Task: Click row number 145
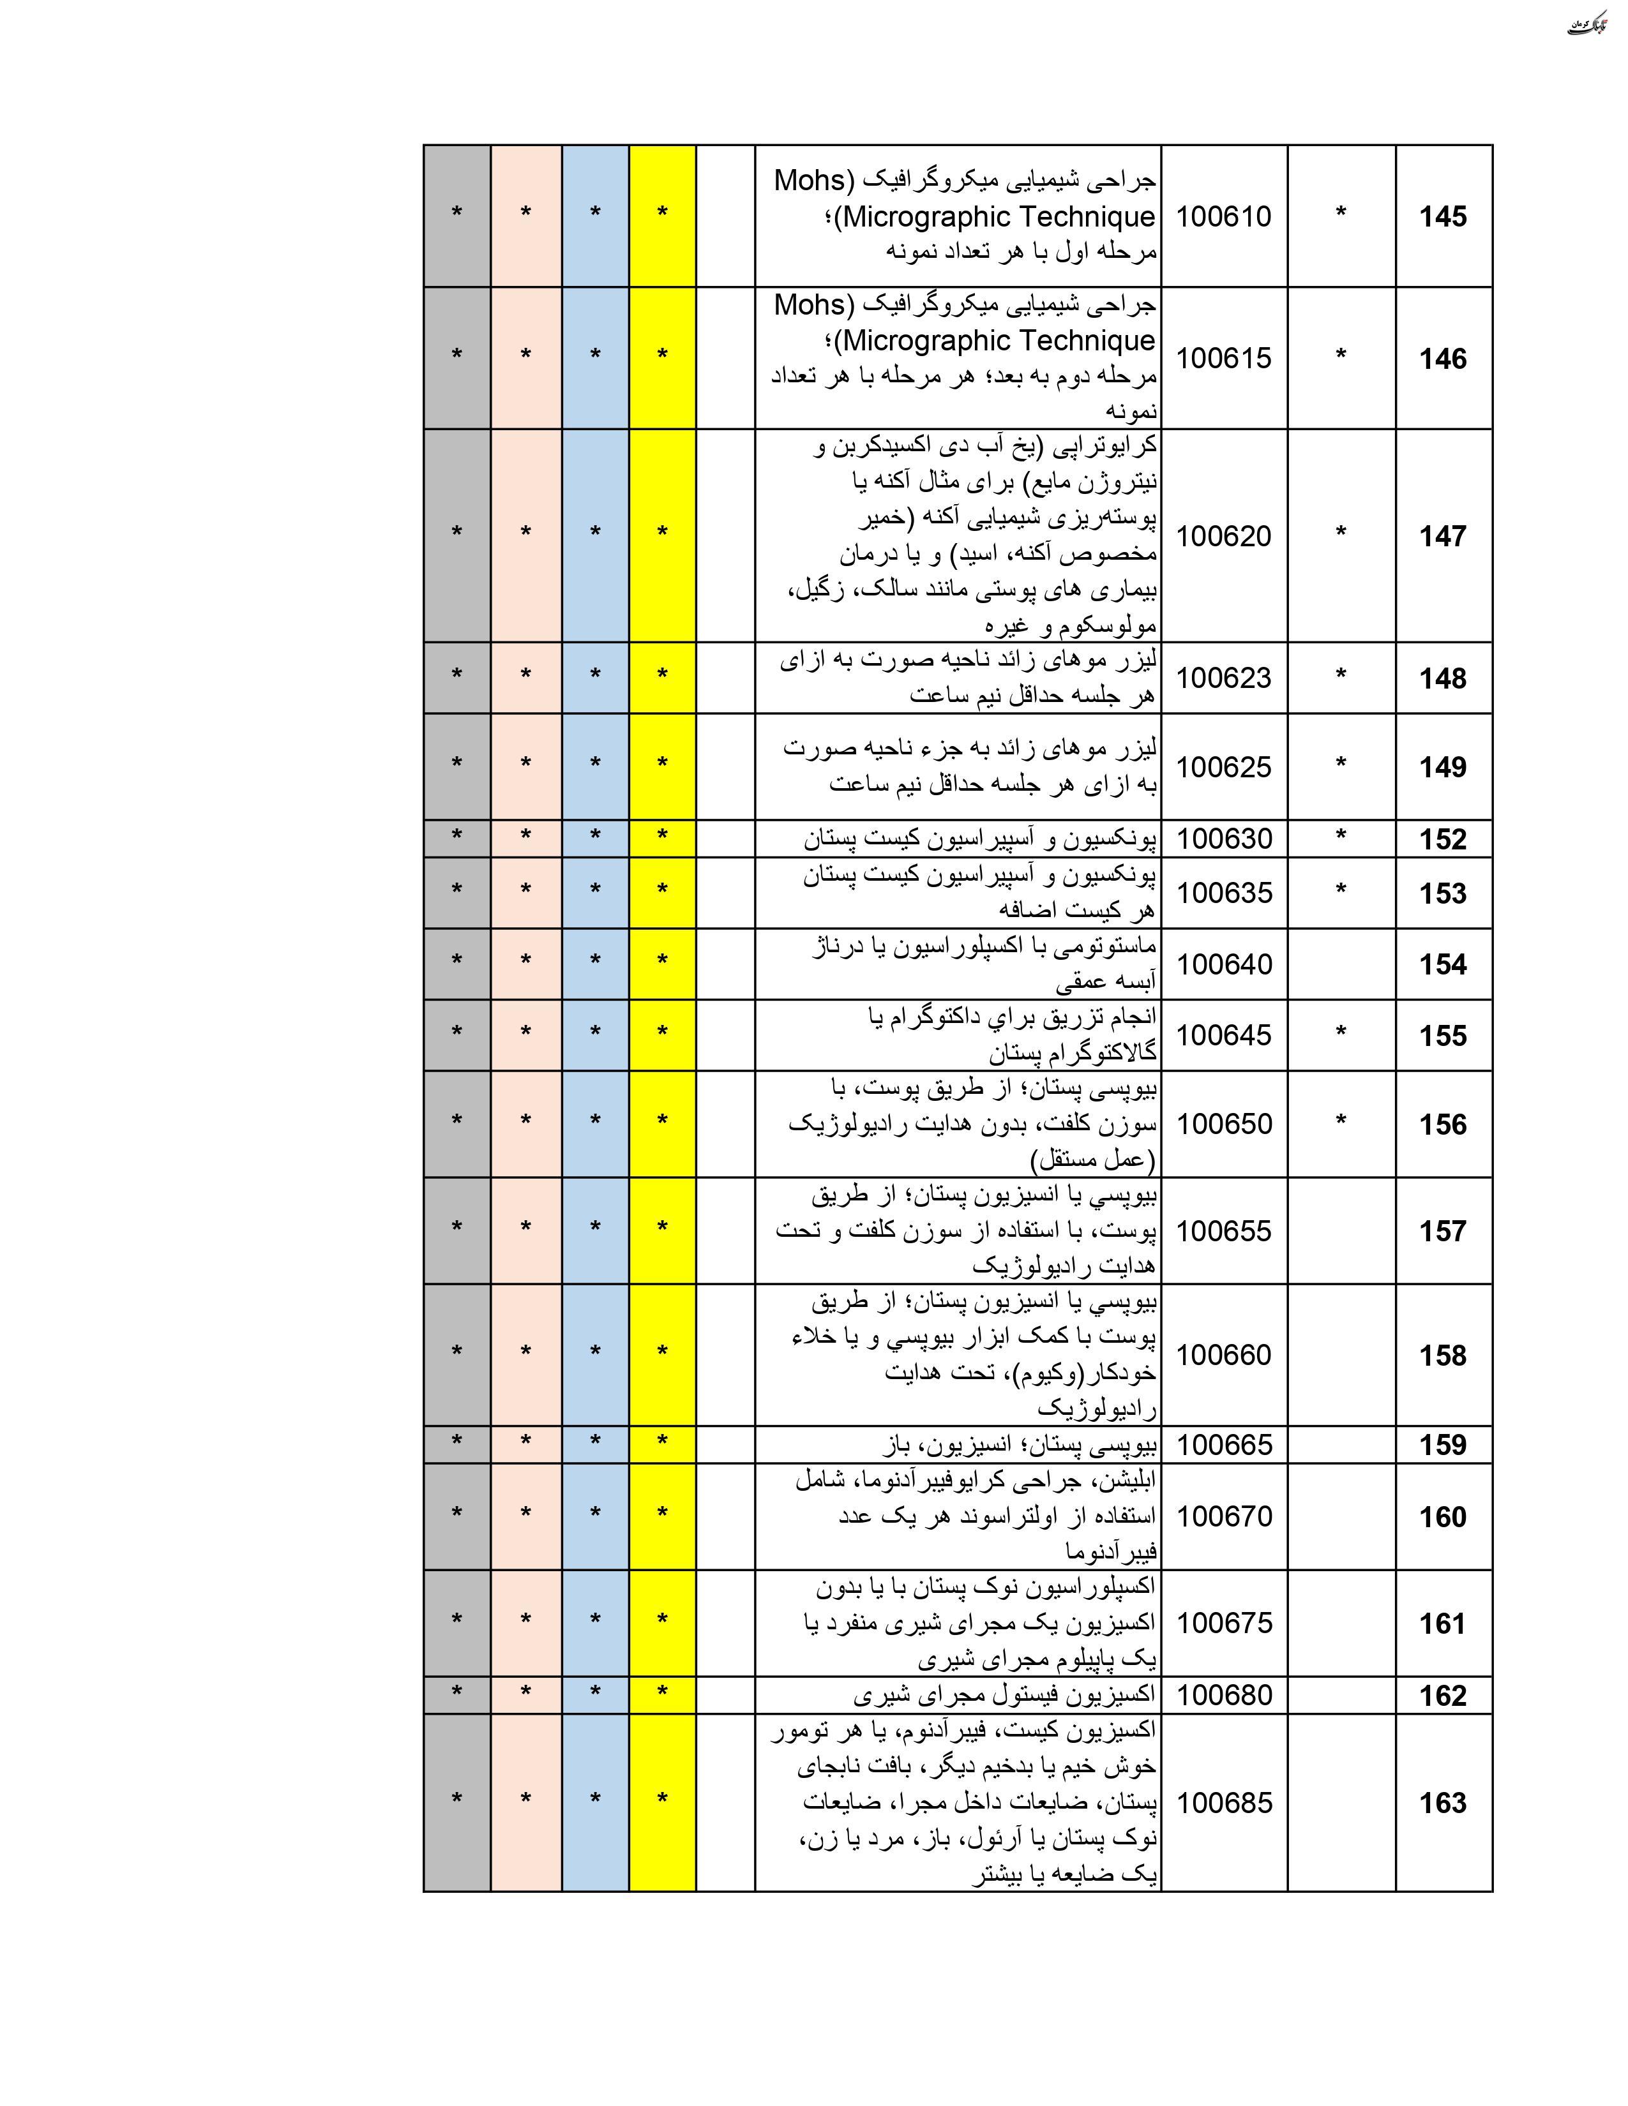[x=1443, y=217]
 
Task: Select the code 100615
[x=1224, y=358]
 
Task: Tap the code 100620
[x=1224, y=535]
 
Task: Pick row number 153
[x=1443, y=893]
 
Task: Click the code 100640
[x=1224, y=964]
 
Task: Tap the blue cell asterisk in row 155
[x=595, y=1032]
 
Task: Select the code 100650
[x=1224, y=1123]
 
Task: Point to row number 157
[x=1443, y=1230]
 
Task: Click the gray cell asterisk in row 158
[x=457, y=1352]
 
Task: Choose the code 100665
[x=1224, y=1444]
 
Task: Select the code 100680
[x=1224, y=1694]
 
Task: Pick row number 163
[x=1443, y=1802]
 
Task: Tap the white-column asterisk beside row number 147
[x=1341, y=534]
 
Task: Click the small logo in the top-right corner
[x=1594, y=24]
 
